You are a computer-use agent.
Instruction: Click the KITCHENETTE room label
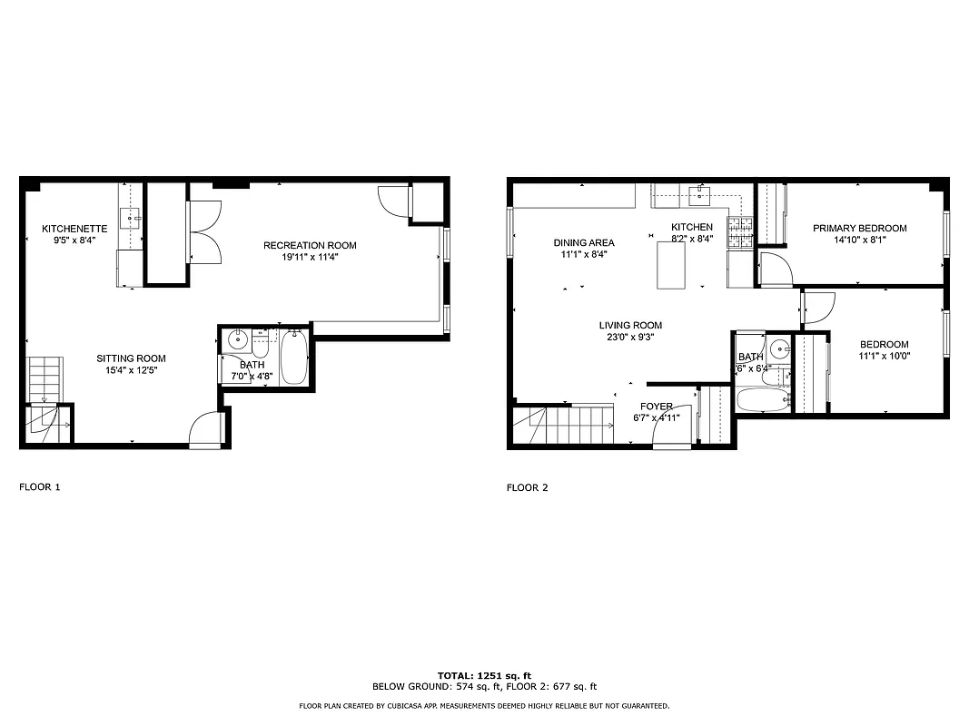(x=74, y=229)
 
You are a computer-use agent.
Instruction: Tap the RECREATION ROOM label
(x=310, y=245)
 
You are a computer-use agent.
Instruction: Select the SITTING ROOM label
(x=132, y=358)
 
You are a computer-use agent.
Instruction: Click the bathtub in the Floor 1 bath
(x=294, y=359)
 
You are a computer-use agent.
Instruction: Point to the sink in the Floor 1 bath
(x=237, y=341)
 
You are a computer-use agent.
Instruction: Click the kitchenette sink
(x=132, y=218)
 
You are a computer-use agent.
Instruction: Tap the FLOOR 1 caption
(x=40, y=487)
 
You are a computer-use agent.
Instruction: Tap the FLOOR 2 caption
(x=527, y=487)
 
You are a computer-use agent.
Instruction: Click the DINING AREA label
(x=584, y=242)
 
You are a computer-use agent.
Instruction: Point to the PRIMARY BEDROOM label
(x=859, y=229)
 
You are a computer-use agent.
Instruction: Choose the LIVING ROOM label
(x=630, y=325)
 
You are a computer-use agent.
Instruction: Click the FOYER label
(x=657, y=407)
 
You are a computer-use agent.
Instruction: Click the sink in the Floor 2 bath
(x=779, y=348)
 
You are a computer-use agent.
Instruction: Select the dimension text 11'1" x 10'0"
(x=885, y=356)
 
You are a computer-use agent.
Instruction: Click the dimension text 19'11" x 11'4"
(x=310, y=257)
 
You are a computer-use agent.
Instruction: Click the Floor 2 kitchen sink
(x=699, y=191)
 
